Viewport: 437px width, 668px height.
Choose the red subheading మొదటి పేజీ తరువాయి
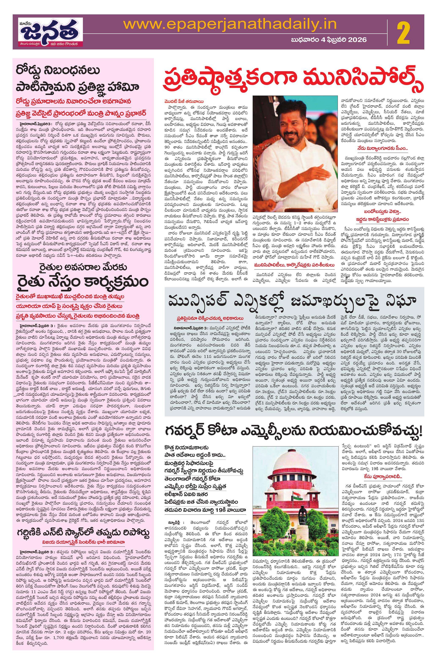[x=184, y=101]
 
